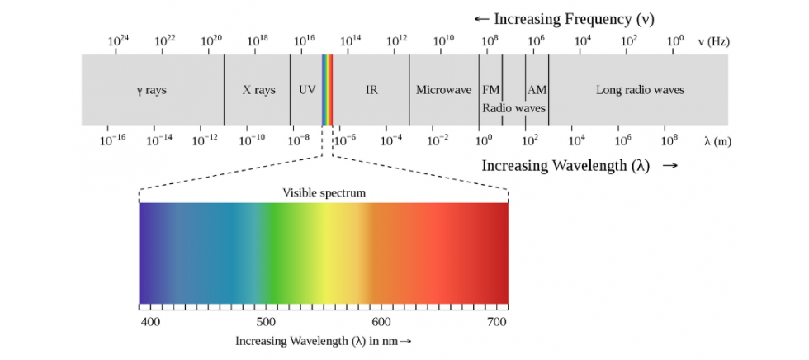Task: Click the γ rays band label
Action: pos(152,90)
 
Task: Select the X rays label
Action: pos(259,90)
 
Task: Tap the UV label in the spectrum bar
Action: pos(306,90)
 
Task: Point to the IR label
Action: pos(371,90)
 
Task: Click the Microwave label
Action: pos(444,90)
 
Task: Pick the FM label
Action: pos(490,90)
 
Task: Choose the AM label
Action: pos(537,90)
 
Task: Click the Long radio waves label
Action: pos(641,90)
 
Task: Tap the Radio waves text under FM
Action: pos(513,108)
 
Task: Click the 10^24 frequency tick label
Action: pos(118,40)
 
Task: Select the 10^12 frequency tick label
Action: pos(397,40)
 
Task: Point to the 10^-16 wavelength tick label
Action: pos(112,140)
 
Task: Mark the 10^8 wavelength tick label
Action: pos(669,140)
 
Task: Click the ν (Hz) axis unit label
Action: pos(713,42)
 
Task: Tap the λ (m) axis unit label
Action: pos(717,141)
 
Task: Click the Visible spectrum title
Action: pos(324,193)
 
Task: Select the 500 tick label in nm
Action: pos(266,322)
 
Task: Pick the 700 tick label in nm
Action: pos(497,322)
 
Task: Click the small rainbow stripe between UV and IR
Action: pos(327,90)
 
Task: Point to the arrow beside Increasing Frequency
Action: pos(481,20)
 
